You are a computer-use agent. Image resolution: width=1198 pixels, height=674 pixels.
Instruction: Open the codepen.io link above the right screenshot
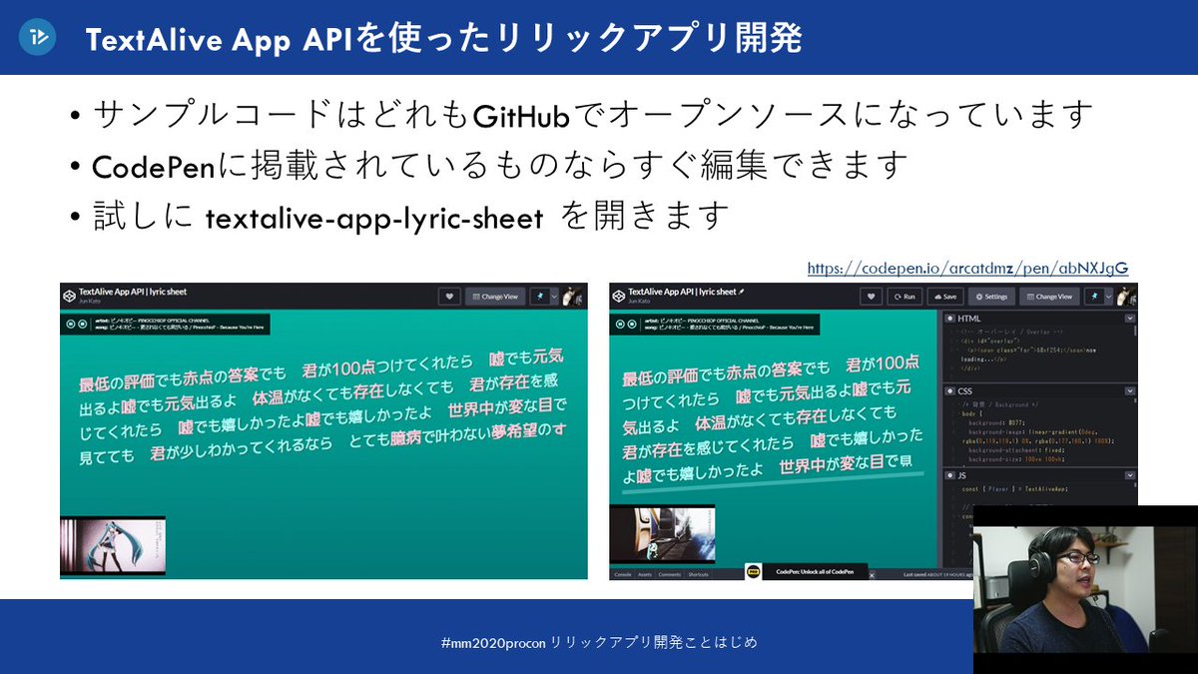tap(967, 268)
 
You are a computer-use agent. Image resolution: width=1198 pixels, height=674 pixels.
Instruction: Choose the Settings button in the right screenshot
tap(991, 297)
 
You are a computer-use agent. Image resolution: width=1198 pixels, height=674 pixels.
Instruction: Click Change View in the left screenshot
tap(495, 297)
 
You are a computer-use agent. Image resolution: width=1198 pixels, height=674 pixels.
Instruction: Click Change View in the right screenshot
tap(1047, 297)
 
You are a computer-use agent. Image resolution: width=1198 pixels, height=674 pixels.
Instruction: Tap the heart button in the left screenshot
tap(449, 297)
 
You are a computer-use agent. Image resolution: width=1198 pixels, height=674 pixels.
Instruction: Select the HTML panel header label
tap(968, 319)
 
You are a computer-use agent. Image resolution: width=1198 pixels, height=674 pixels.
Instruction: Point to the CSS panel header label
tap(964, 390)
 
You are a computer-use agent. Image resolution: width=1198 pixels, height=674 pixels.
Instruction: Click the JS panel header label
tap(961, 476)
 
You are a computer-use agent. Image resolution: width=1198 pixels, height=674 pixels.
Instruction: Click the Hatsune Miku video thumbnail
tap(113, 546)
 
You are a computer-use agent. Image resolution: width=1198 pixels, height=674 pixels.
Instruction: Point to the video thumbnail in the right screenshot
tap(659, 535)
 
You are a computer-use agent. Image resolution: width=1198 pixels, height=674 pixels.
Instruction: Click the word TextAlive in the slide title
tap(150, 39)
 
